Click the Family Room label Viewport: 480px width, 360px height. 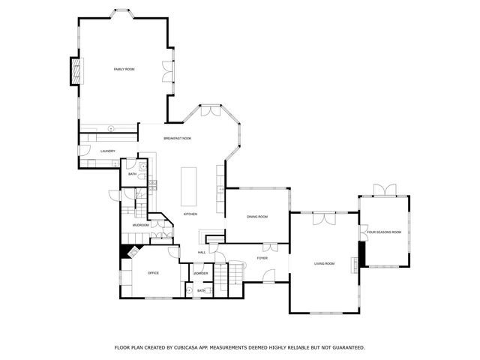point(124,69)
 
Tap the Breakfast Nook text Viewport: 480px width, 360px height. point(178,139)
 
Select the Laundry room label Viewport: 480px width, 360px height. point(107,151)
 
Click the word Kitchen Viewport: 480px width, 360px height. point(190,214)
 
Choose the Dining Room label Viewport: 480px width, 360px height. point(257,217)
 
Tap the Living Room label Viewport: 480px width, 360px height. point(324,263)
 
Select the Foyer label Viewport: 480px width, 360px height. point(262,258)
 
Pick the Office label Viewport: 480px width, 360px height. point(153,272)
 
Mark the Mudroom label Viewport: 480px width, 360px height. point(140,225)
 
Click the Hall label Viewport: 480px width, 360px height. point(202,252)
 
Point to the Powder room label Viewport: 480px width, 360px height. point(201,273)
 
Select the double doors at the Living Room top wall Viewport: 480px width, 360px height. point(324,217)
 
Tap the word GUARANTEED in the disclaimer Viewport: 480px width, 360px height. point(345,347)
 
